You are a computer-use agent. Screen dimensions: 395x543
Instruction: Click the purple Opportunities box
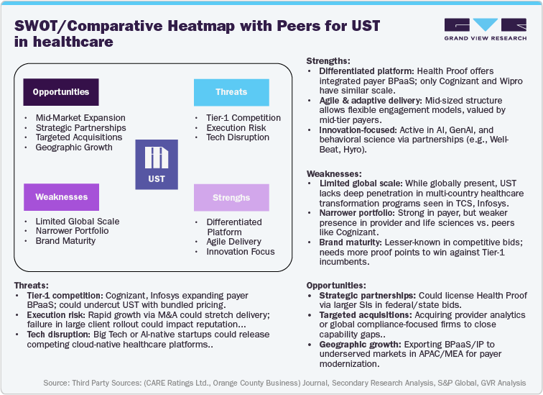pyautogui.click(x=61, y=92)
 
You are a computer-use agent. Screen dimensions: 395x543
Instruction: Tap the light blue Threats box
pyautogui.click(x=231, y=92)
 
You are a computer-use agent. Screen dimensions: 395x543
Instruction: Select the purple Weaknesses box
pyautogui.click(x=61, y=196)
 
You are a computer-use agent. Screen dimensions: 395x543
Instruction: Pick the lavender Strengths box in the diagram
pyautogui.click(x=231, y=197)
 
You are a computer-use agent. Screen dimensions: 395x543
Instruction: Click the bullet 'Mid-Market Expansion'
pyautogui.click(x=80, y=117)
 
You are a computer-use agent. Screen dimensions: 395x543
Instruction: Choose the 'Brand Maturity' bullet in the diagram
pyautogui.click(x=65, y=241)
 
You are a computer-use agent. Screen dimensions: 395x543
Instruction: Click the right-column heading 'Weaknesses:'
pyautogui.click(x=334, y=173)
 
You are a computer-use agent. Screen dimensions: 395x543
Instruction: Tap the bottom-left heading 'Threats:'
pyautogui.click(x=34, y=285)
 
